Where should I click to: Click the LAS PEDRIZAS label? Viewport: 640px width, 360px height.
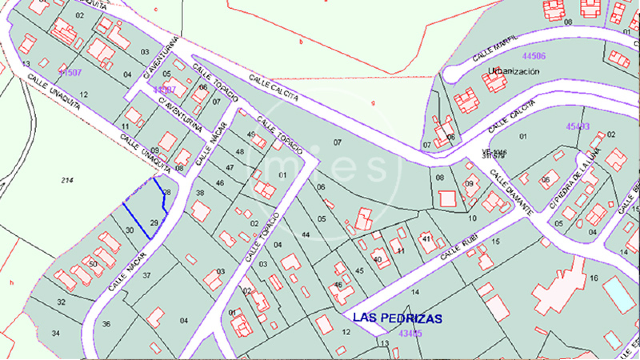coord(397,318)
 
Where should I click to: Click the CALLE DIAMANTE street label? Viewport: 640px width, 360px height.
coord(510,192)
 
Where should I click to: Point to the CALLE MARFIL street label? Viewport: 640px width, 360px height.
coord(495,48)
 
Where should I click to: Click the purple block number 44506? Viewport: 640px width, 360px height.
coord(534,56)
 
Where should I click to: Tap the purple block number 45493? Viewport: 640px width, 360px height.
coord(578,126)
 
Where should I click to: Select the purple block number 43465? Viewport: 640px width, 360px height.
coord(410,333)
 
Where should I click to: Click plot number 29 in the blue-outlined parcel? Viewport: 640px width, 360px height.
coord(154,223)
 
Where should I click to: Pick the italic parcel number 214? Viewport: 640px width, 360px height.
coord(67,180)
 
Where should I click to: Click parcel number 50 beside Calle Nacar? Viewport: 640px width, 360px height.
coord(93,264)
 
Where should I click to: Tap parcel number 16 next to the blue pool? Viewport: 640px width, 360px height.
coord(594,278)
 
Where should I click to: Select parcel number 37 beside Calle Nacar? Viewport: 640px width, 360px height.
coord(147,275)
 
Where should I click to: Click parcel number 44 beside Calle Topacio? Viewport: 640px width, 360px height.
coord(306,235)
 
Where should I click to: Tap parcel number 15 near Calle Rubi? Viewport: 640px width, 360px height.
coord(496,241)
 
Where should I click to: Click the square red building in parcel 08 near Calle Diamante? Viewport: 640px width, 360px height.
coord(447,198)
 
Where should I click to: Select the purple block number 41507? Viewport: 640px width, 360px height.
coord(70,72)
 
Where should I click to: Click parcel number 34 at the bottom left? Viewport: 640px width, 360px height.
coord(56,333)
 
